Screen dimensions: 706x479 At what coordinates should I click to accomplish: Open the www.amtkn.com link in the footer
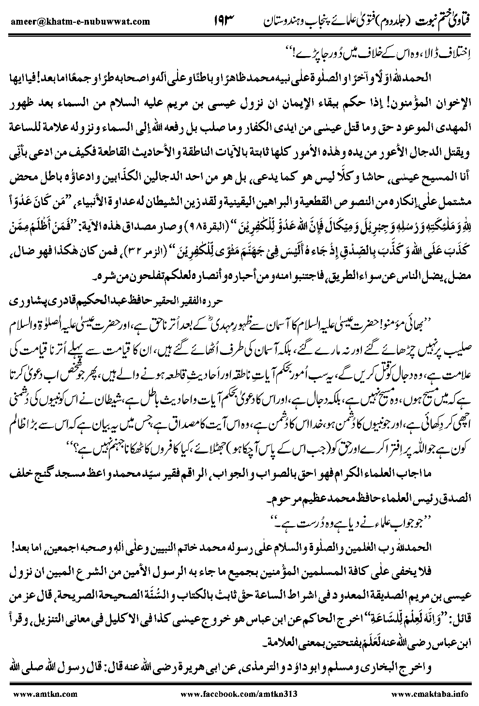[37, 694]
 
